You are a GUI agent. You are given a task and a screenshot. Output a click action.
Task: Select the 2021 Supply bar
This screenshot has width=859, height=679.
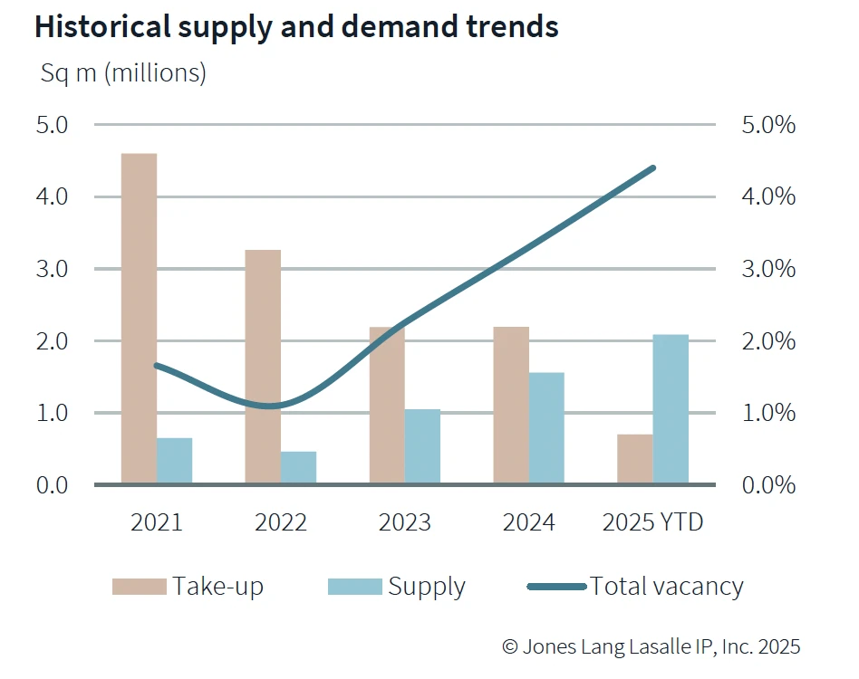tap(174, 461)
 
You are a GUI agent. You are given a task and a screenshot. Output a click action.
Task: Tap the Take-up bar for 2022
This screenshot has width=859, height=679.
tap(263, 367)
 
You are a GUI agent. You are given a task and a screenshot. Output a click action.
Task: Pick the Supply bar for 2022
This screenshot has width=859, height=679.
tap(298, 467)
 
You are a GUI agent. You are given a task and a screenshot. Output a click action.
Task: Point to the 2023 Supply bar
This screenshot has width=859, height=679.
tap(422, 446)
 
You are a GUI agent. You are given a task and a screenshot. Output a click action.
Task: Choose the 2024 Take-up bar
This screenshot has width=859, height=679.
tap(511, 405)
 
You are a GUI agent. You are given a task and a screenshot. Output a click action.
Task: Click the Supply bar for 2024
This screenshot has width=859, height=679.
tap(546, 428)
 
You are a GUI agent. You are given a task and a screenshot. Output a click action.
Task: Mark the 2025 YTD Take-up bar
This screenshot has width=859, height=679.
tap(635, 459)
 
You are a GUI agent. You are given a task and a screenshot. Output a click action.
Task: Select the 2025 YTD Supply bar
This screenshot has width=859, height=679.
tap(671, 409)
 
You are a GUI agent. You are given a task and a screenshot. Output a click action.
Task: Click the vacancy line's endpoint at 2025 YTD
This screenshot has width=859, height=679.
tap(652, 167)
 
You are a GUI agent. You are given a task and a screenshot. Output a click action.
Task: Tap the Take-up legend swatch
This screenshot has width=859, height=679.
tap(139, 587)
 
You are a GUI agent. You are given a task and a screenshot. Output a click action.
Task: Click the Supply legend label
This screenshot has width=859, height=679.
tap(427, 587)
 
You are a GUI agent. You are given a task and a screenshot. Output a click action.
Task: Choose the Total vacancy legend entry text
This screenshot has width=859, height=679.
tap(667, 587)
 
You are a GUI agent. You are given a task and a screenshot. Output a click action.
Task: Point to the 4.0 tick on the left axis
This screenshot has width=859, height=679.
tap(53, 196)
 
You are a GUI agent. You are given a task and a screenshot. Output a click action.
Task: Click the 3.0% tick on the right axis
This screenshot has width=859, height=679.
tap(768, 269)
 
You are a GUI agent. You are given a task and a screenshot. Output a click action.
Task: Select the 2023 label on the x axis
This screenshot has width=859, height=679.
tap(405, 522)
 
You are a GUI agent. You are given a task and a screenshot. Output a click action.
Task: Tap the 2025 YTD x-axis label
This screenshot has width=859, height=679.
tap(652, 522)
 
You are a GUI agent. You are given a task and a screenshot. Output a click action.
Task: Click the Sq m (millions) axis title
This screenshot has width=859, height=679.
tap(123, 73)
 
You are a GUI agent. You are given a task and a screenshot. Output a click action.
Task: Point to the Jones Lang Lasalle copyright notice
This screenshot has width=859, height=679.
tap(651, 646)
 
